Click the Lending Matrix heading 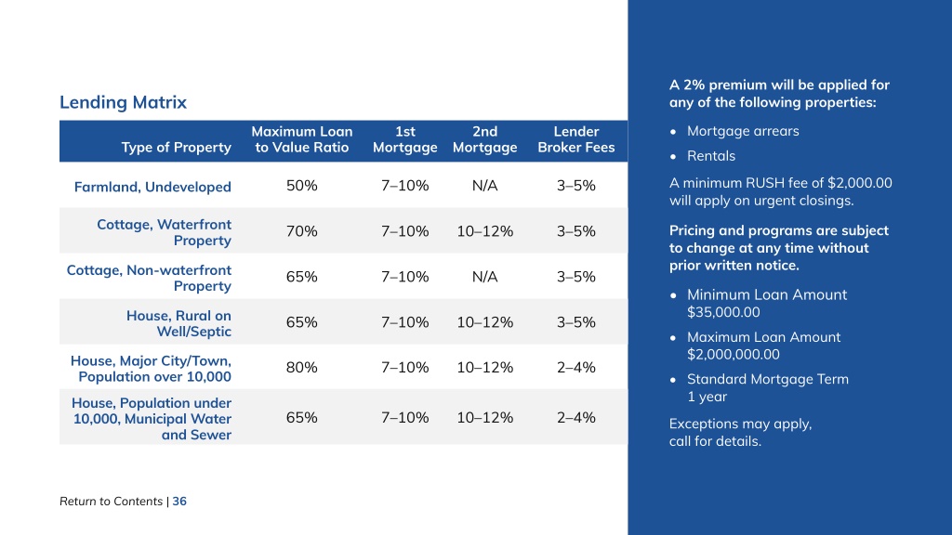[123, 102]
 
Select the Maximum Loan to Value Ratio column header [302, 139]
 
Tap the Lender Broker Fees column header [576, 139]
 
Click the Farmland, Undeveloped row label [152, 187]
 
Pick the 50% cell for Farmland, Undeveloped [302, 186]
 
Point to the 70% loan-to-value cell [302, 231]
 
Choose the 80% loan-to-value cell [302, 367]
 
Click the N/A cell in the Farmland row [484, 186]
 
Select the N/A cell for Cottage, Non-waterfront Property [484, 277]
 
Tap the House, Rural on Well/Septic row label [178, 323]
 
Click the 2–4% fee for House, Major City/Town [576, 367]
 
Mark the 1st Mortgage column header [405, 139]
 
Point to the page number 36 [179, 501]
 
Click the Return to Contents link [112, 501]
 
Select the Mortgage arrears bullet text [743, 131]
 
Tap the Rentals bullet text [711, 156]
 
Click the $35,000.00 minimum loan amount [723, 312]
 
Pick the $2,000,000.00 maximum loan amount [733, 354]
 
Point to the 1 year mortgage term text [707, 397]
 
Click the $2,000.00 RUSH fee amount [860, 183]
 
